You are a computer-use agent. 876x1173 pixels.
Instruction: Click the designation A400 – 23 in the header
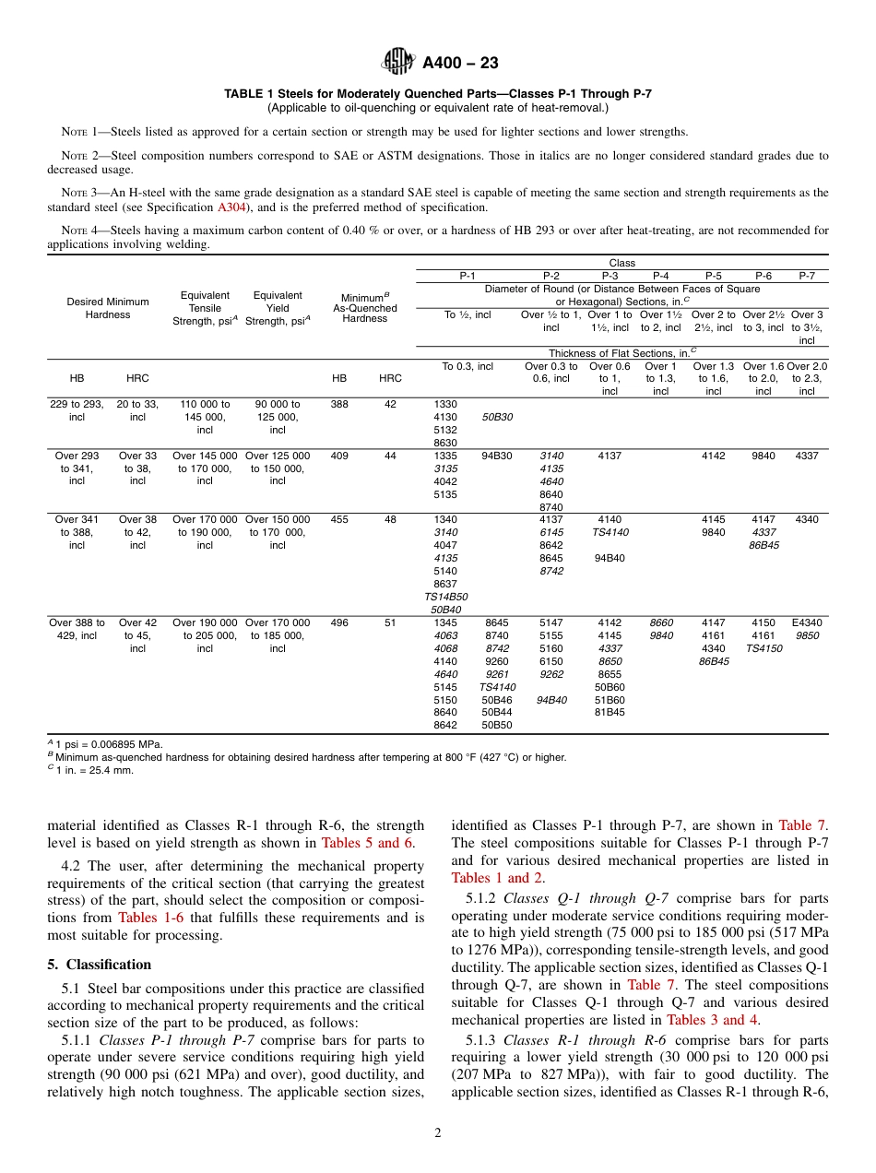[460, 64]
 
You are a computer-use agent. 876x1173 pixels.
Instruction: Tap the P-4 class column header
[660, 275]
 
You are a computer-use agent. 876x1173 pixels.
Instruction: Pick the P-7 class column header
[807, 275]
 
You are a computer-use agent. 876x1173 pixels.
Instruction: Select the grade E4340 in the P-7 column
[807, 622]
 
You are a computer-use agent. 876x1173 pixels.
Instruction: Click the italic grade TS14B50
[445, 597]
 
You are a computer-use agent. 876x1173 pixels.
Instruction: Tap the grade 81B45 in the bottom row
[609, 712]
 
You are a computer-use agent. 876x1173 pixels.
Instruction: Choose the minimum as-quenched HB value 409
[339, 456]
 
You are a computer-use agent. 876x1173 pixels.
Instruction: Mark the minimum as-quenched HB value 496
[339, 622]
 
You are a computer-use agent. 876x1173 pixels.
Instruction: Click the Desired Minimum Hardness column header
[108, 308]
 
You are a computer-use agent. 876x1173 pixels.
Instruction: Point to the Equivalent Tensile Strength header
[205, 308]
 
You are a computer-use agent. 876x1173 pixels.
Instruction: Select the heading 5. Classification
[99, 964]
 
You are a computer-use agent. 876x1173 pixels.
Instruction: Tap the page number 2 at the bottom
[438, 1133]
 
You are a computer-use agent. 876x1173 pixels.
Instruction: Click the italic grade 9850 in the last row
[807, 635]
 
